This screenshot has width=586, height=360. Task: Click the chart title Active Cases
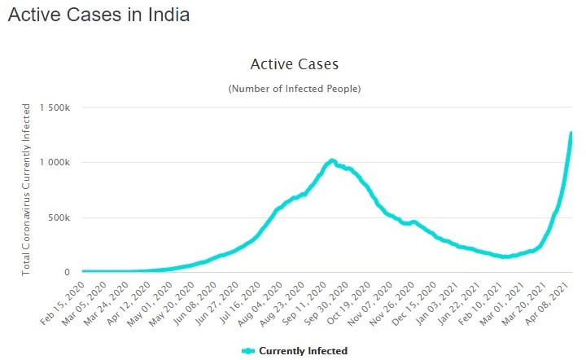pyautogui.click(x=294, y=64)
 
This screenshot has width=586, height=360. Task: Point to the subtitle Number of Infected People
pyautogui.click(x=294, y=88)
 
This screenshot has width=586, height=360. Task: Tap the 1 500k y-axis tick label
pyautogui.click(x=59, y=108)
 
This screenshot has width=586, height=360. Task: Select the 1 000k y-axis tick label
pyautogui.click(x=59, y=163)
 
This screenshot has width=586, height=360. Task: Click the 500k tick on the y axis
pyautogui.click(x=64, y=217)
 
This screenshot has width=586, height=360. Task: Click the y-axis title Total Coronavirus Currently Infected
pyautogui.click(x=26, y=189)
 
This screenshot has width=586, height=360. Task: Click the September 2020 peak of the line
pyautogui.click(x=331, y=160)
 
